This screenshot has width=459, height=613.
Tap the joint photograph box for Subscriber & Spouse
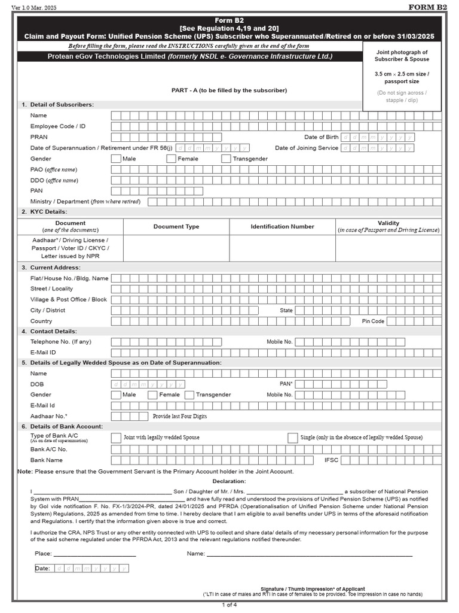[x=402, y=77]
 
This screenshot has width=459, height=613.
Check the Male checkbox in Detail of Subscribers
[x=116, y=159]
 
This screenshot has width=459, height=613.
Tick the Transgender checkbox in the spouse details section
[x=189, y=395]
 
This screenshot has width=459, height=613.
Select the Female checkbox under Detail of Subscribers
[x=171, y=159]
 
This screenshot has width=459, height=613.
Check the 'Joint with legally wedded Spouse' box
[x=116, y=438]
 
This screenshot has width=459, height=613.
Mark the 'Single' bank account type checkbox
[x=292, y=438]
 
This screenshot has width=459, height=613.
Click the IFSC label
[x=331, y=460]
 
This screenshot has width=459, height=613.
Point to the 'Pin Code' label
[x=373, y=321]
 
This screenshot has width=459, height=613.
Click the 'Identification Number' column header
[x=282, y=227]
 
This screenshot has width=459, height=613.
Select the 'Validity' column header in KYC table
[x=388, y=223]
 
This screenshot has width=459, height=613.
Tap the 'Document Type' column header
[x=176, y=227]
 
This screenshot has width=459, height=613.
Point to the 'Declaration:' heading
[x=229, y=481]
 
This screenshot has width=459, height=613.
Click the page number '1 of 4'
[x=229, y=605]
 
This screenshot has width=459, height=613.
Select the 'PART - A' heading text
[x=229, y=90]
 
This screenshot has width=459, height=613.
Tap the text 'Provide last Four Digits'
[x=182, y=415]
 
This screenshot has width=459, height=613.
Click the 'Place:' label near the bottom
[x=43, y=554]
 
